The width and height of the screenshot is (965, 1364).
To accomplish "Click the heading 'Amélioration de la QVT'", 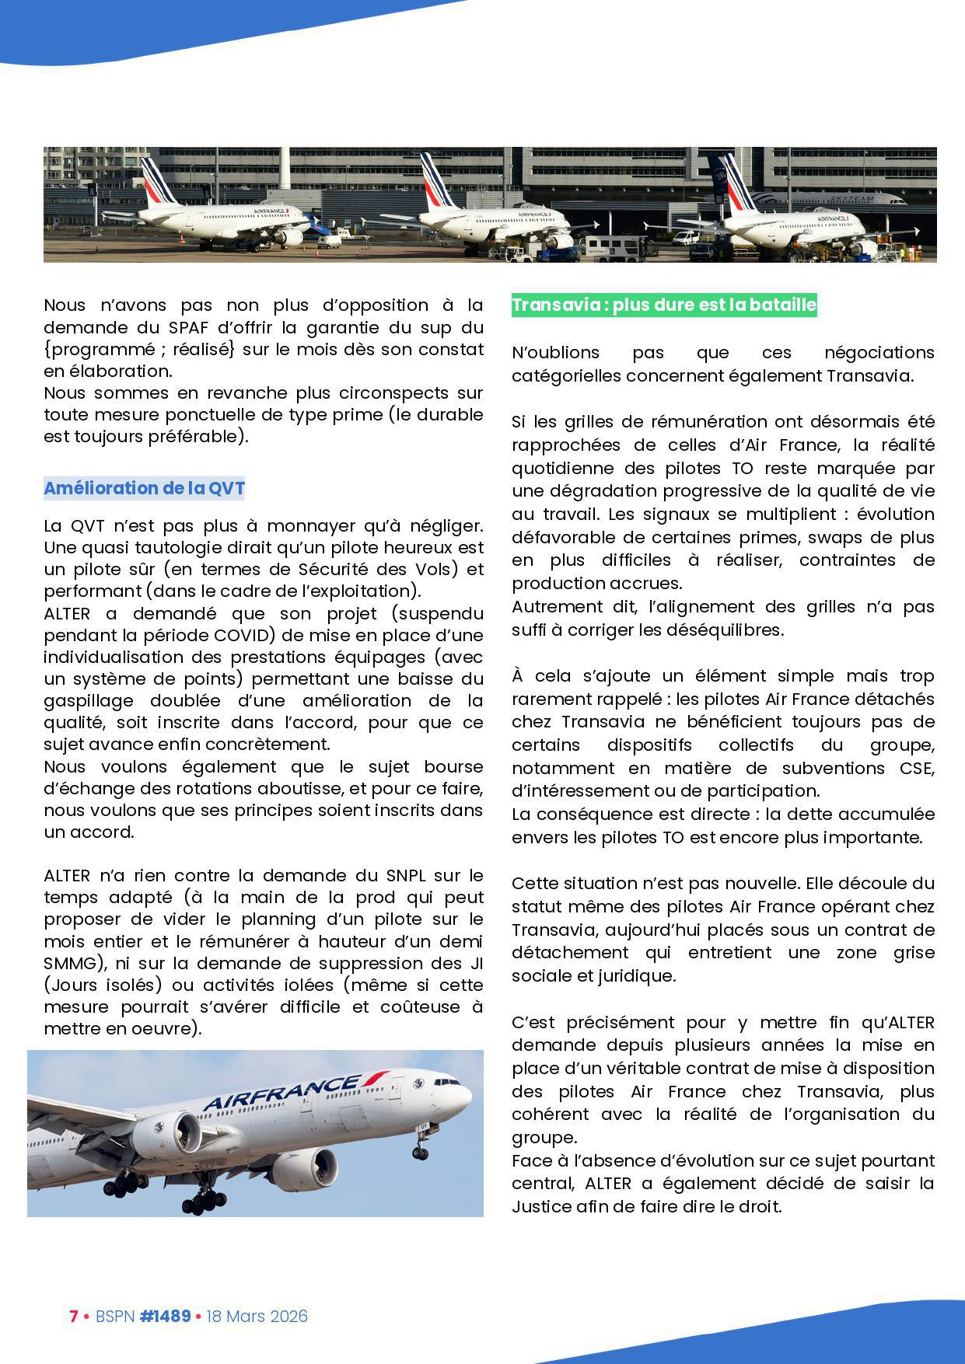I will tap(144, 488).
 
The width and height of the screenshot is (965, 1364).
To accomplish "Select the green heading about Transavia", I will tap(664, 305).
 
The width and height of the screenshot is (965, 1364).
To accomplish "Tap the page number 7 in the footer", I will tap(74, 1316).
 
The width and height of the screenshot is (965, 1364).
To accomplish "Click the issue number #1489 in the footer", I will tap(165, 1316).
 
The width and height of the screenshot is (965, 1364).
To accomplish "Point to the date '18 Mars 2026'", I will tap(257, 1316).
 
